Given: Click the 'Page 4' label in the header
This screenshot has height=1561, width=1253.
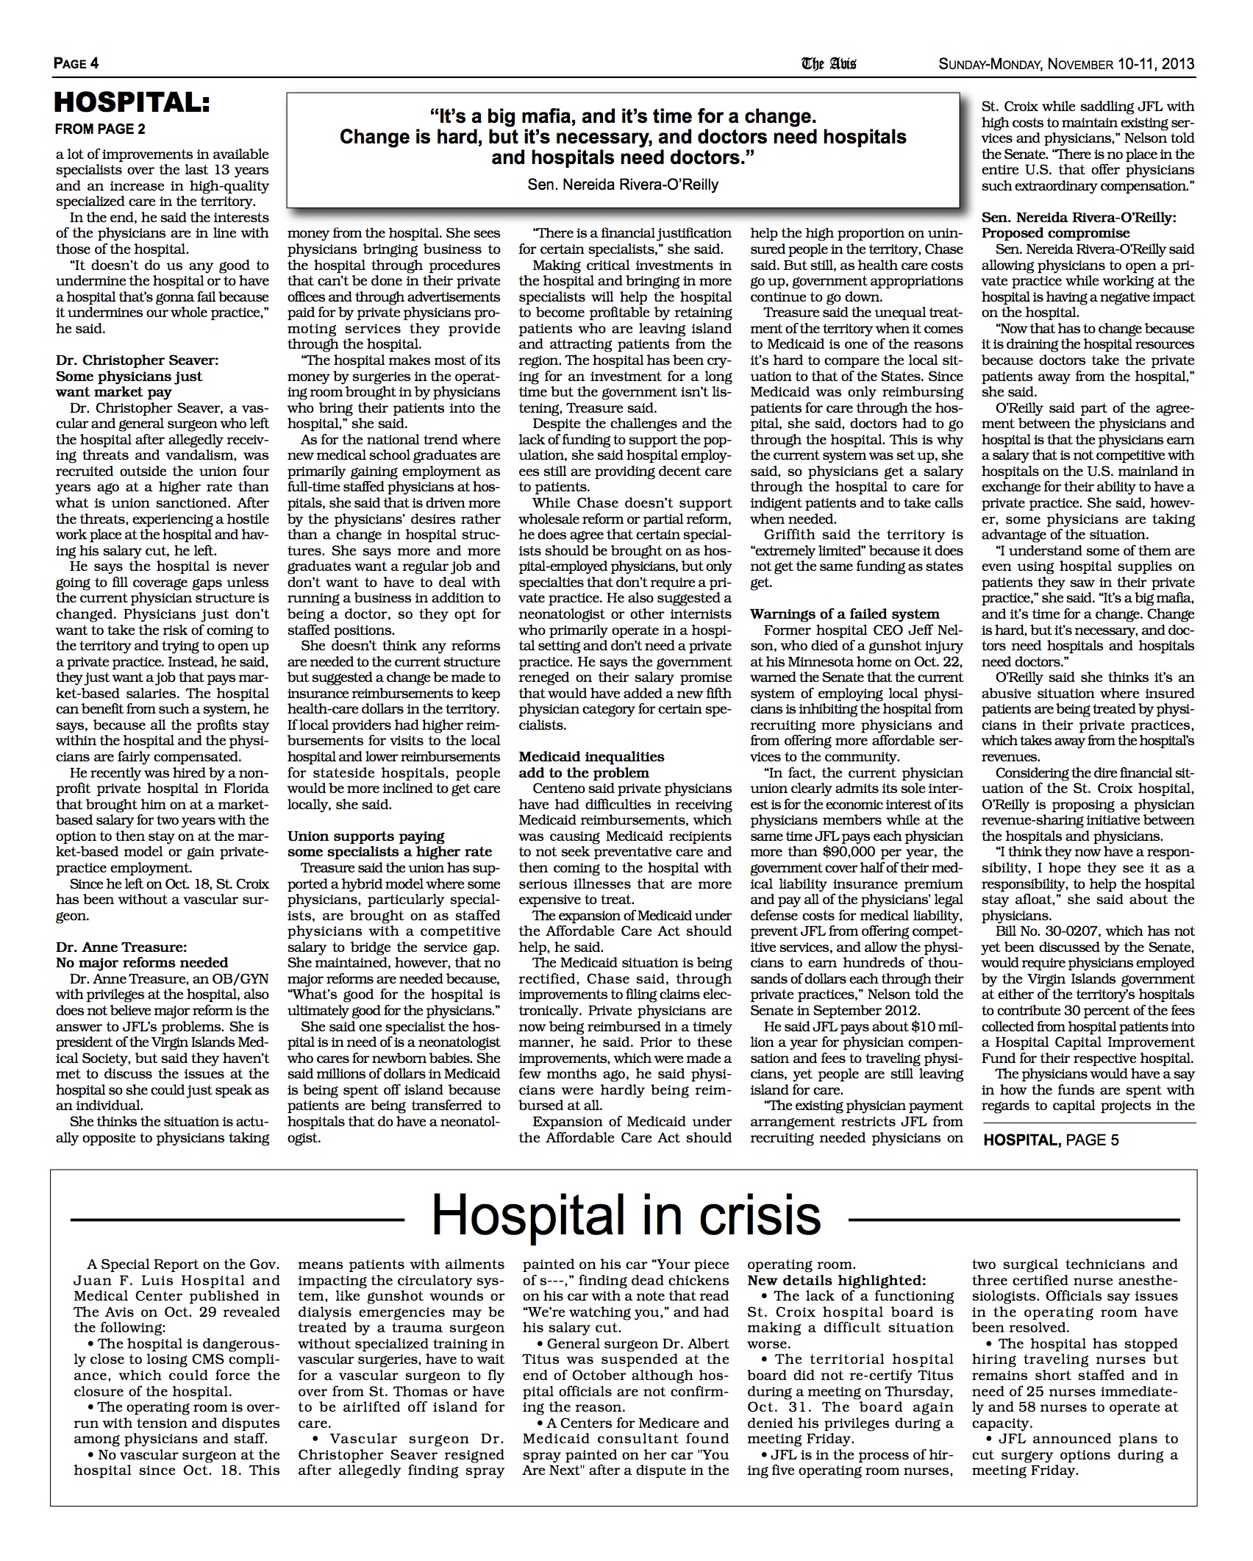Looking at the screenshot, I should (x=76, y=63).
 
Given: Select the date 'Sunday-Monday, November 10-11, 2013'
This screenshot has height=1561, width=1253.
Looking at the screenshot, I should (x=1066, y=64).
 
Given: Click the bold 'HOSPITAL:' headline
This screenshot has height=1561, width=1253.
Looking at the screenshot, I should (x=132, y=104).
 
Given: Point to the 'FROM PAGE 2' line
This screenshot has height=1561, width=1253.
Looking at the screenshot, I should (x=101, y=129).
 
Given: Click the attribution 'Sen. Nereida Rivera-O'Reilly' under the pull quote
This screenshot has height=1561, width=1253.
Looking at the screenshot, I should (x=623, y=185).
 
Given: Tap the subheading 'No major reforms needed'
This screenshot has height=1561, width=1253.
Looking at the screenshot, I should (x=142, y=962).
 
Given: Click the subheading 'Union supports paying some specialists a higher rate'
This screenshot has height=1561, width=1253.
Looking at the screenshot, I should (x=390, y=844).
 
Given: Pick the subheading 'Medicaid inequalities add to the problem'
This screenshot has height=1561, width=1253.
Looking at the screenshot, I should (x=591, y=764).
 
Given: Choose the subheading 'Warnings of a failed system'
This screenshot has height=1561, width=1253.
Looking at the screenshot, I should (x=845, y=614).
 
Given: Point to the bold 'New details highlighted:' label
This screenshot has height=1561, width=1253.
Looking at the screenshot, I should (x=837, y=1280).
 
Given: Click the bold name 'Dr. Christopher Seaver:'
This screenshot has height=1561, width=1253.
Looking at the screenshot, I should (x=137, y=360).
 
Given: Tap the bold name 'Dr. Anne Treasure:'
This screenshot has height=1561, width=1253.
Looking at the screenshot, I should (x=118, y=947).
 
